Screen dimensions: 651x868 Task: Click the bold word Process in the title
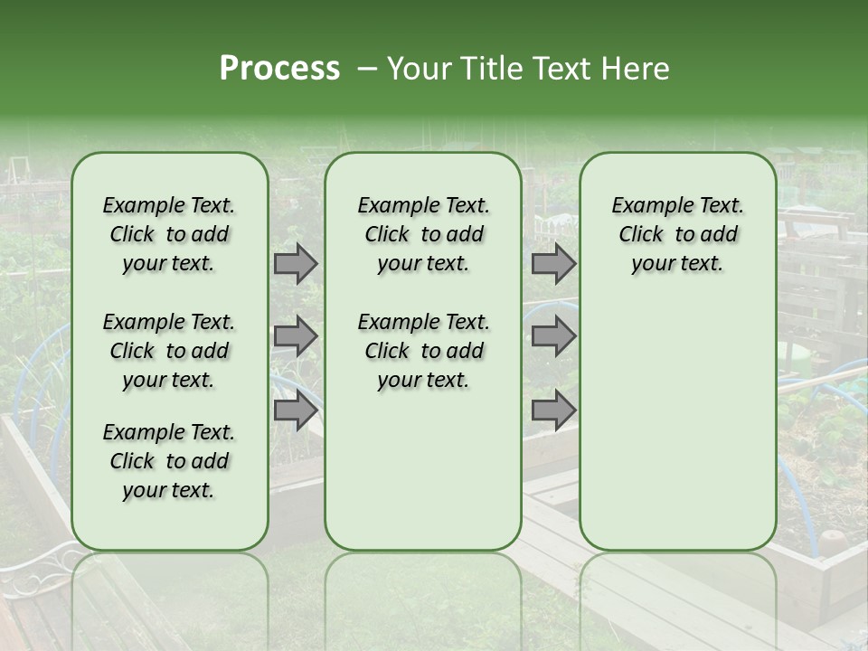click(x=279, y=69)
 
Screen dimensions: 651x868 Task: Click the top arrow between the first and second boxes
click(x=296, y=264)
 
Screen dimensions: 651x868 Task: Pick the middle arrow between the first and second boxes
click(x=296, y=337)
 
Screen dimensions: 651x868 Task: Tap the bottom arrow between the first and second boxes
click(x=296, y=410)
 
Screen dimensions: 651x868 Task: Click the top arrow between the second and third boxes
click(x=553, y=264)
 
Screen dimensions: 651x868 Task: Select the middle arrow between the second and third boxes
click(x=553, y=337)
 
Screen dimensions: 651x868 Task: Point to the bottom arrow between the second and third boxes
click(x=553, y=410)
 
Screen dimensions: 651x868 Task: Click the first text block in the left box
click(x=169, y=234)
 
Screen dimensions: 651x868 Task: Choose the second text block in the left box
click(x=169, y=351)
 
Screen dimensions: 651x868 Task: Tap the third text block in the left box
click(x=169, y=461)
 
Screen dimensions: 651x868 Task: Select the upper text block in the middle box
click(x=423, y=234)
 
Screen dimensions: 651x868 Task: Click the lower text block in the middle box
click(x=423, y=351)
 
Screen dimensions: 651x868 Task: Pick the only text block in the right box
click(x=677, y=234)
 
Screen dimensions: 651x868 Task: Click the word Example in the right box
click(x=645, y=205)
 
